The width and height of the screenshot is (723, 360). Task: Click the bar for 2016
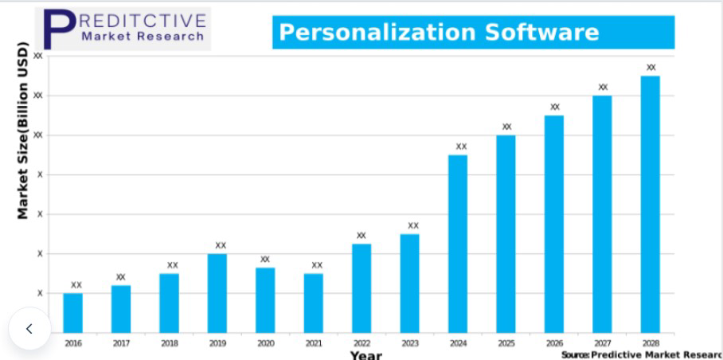73,312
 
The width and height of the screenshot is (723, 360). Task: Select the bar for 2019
217,292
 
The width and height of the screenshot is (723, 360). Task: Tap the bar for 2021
314,303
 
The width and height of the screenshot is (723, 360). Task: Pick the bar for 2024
458,243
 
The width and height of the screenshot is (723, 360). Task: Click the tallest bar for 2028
651,204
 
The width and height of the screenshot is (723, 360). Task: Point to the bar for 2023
409,283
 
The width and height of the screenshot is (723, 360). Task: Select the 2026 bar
554,224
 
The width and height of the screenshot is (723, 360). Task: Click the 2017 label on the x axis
121,343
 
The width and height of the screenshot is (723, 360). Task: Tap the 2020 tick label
265,343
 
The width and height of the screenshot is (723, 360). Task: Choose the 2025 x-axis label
506,343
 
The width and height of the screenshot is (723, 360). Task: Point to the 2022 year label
361,343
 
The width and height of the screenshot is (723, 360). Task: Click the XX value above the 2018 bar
172,265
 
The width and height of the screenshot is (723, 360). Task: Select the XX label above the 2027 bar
603,88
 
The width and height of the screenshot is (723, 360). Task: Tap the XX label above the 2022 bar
361,236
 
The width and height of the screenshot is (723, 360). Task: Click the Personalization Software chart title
439,33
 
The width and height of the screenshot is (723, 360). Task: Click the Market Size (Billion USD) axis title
23,130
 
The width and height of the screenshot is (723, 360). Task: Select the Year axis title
365,355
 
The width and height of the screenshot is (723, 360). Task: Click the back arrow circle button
29,328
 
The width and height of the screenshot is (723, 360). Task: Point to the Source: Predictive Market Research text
641,354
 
